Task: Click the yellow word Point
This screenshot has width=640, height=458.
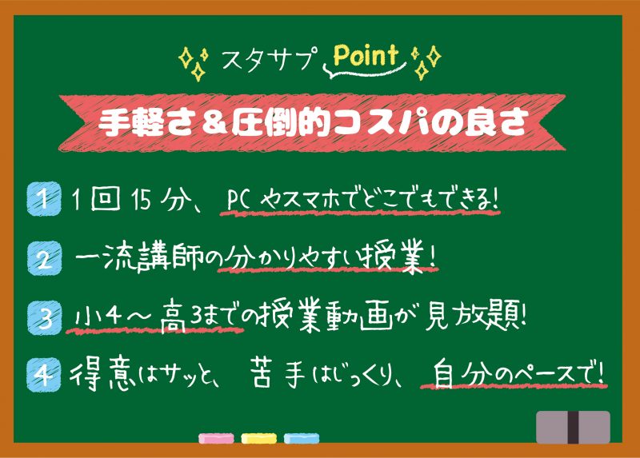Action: coord(366,55)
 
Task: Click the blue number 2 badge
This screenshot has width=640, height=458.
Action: coord(44,258)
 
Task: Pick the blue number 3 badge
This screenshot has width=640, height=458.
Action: coord(44,317)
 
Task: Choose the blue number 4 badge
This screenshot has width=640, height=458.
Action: coord(44,374)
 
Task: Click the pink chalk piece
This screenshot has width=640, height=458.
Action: coord(216,439)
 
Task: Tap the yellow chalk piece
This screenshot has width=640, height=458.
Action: coord(258,439)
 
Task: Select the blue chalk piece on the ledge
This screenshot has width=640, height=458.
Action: coord(302,439)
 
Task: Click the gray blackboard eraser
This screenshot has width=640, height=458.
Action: coord(573,427)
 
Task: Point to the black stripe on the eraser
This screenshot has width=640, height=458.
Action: coord(574,427)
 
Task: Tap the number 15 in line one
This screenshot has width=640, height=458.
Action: coord(142,200)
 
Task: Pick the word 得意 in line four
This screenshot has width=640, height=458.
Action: coord(102,374)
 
